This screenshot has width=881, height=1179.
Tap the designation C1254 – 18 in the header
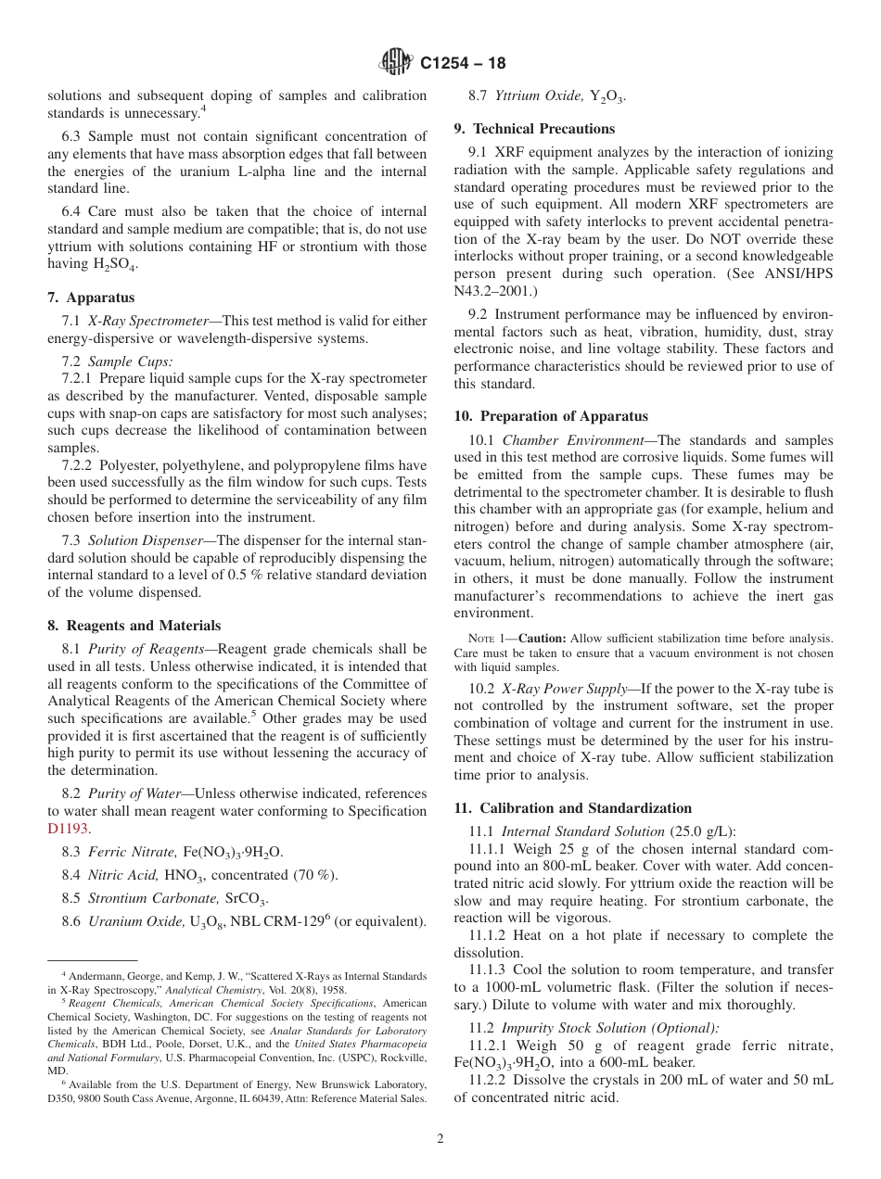point(463,64)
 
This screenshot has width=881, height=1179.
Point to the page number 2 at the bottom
point(440,1139)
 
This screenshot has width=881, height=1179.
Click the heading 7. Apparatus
point(91,298)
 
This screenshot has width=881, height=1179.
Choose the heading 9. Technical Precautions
point(534,129)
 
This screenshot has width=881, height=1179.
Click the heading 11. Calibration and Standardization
point(572,808)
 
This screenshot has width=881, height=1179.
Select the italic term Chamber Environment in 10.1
point(574,440)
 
